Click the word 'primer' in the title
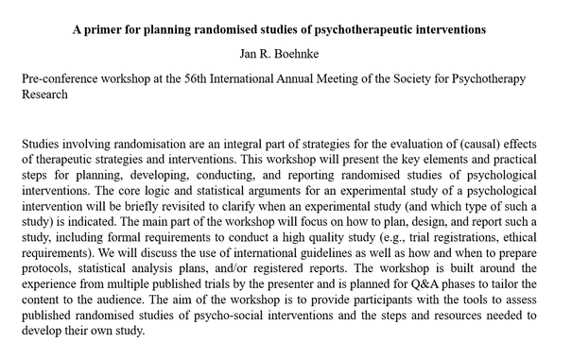tap(108, 29)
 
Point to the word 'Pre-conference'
tap(64, 81)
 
